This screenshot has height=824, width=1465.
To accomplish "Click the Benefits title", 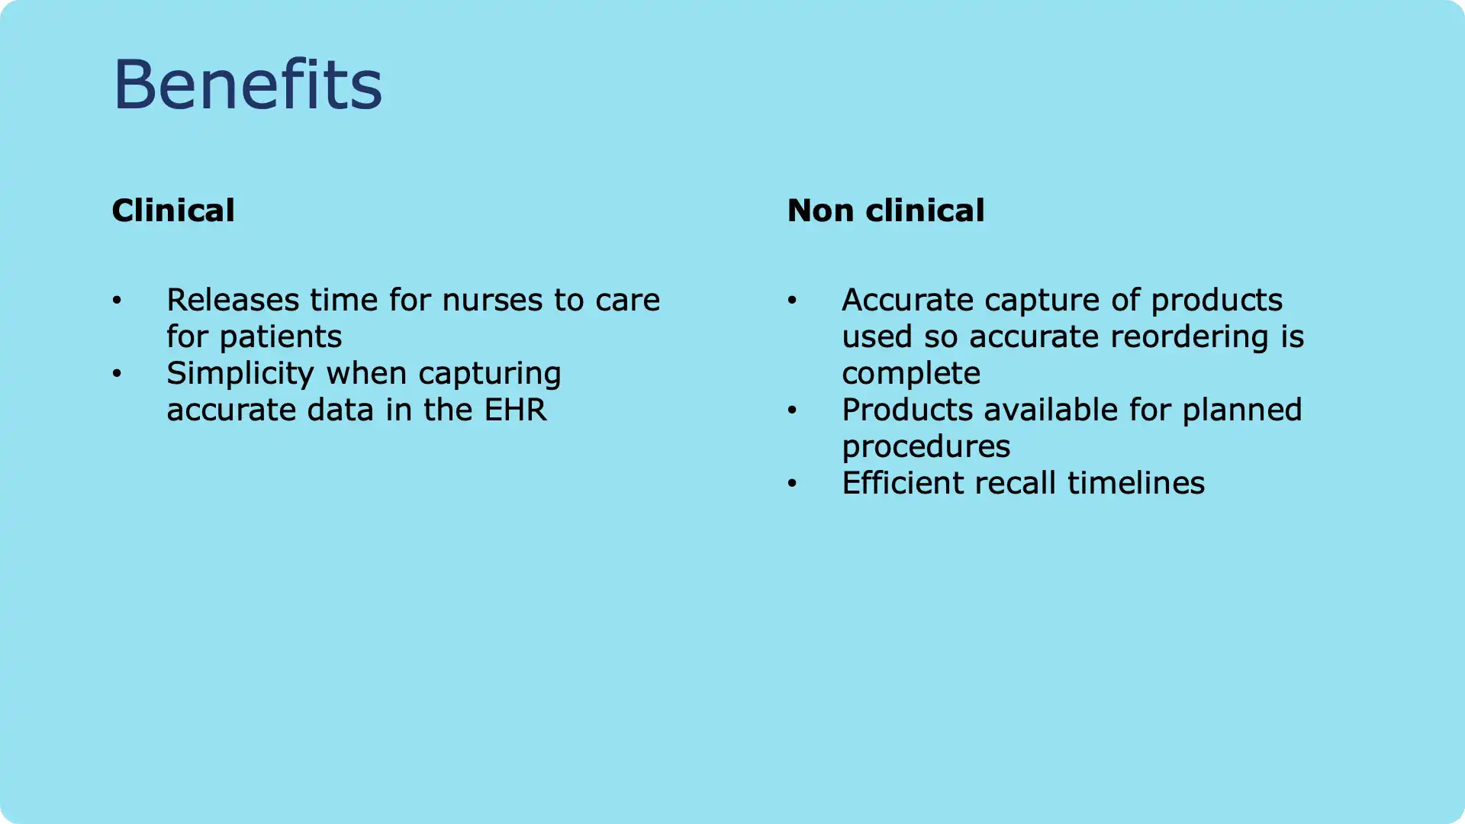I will click(x=247, y=84).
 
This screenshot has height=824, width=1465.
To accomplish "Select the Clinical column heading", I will click(x=173, y=211).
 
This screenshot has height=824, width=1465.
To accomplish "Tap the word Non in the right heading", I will click(x=820, y=211).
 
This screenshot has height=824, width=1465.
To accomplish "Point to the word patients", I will click(x=281, y=337).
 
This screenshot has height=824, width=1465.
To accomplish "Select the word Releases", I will click(x=233, y=300).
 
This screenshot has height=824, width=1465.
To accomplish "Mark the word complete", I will click(x=911, y=374).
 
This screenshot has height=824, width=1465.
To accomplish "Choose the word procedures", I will click(x=926, y=447).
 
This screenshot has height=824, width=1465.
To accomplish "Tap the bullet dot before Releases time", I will click(x=117, y=301).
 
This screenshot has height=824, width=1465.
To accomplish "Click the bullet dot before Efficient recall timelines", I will click(x=792, y=484).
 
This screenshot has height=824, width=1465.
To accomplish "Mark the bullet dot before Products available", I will click(x=792, y=410).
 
